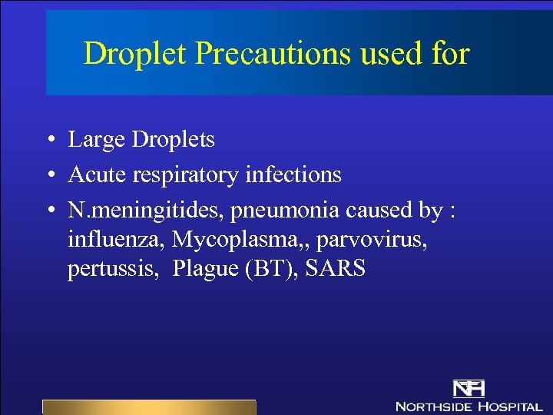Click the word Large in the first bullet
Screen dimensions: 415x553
point(97,140)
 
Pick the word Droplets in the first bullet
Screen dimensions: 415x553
point(173,140)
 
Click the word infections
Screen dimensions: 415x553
point(293,175)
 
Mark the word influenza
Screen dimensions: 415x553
point(116,240)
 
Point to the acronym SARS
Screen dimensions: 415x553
point(336,271)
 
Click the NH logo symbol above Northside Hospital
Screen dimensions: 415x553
point(467,390)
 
